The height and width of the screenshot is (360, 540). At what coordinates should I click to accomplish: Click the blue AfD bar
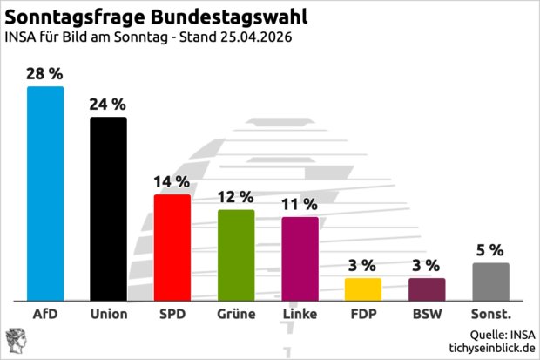(x=45, y=193)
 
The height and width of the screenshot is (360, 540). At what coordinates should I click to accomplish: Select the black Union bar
(x=109, y=208)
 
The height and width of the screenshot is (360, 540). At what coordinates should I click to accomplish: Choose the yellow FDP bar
(x=363, y=289)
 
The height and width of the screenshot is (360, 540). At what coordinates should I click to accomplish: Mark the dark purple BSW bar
(x=427, y=289)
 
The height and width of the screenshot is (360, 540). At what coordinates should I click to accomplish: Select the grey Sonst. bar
(x=490, y=281)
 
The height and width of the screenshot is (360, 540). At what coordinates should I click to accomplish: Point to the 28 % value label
(x=45, y=73)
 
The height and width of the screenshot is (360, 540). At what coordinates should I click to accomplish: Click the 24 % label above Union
(x=109, y=104)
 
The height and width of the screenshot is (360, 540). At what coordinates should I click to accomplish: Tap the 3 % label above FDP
(x=363, y=265)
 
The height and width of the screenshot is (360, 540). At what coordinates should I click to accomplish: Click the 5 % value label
(x=490, y=250)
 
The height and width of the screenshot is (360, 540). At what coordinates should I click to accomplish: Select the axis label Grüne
(x=236, y=314)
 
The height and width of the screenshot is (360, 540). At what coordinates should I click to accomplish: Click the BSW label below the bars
(x=427, y=314)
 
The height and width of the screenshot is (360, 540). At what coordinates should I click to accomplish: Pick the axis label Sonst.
(x=490, y=314)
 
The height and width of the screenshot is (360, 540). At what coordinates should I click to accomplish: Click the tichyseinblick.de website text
(x=489, y=348)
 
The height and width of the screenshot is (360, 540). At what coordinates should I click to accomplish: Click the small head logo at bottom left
(x=17, y=340)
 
